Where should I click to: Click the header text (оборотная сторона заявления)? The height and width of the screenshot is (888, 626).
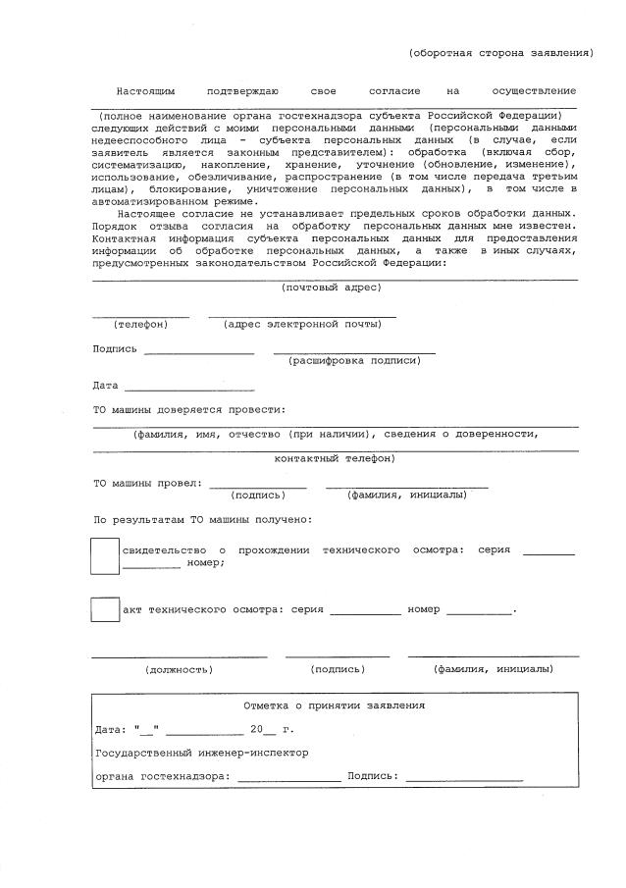(x=500, y=52)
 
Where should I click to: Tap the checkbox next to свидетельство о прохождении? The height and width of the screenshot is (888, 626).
(x=105, y=555)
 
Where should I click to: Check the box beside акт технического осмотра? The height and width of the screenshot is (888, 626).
(x=105, y=608)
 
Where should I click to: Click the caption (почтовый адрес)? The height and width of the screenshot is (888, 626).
(x=331, y=287)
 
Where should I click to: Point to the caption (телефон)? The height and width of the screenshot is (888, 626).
(x=140, y=324)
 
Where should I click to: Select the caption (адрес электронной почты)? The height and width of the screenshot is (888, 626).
(x=295, y=324)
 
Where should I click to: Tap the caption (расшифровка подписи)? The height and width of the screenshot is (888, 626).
(x=354, y=361)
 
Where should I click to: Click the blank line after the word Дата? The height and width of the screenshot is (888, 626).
(x=188, y=386)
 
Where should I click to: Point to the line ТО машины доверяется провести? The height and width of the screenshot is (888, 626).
(x=189, y=409)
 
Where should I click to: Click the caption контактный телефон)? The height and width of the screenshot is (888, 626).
(x=335, y=458)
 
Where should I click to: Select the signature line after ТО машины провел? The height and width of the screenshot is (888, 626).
(x=257, y=485)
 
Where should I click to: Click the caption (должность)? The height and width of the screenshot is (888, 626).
(x=179, y=669)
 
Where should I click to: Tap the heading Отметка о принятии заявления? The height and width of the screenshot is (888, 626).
(x=334, y=705)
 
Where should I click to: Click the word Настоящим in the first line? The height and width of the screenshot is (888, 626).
(x=145, y=90)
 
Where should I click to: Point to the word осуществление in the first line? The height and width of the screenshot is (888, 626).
(x=534, y=90)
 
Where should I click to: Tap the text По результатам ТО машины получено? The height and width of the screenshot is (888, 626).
(x=203, y=519)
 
